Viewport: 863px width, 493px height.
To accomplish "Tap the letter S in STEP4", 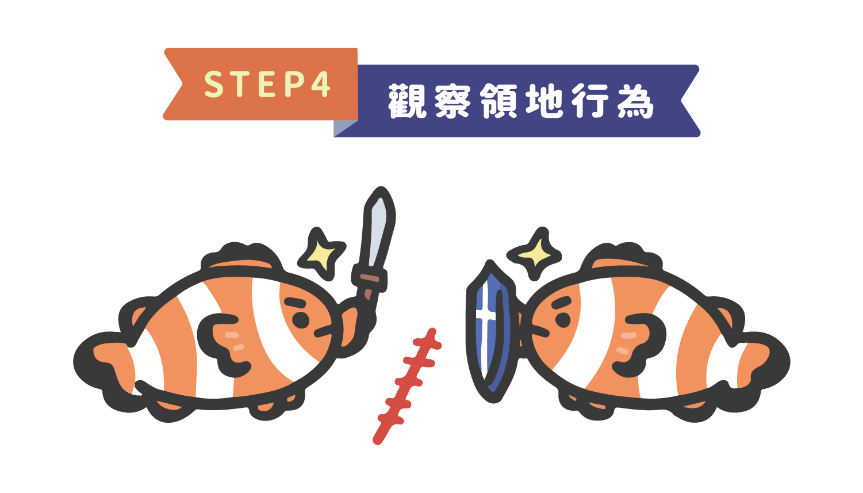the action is [x=214, y=83].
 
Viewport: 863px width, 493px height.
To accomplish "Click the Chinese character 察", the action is [x=453, y=101].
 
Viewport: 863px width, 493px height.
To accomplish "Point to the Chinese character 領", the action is [x=499, y=101].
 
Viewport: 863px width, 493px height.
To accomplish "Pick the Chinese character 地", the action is [x=544, y=101].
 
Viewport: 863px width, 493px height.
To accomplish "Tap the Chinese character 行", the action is [x=590, y=101].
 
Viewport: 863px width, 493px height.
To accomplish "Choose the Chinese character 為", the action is [x=636, y=101].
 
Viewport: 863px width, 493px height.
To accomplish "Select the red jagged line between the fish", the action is [x=406, y=386].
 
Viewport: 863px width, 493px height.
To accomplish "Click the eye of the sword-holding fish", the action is [x=301, y=319].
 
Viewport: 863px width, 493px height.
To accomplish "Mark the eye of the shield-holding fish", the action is [x=562, y=319].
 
